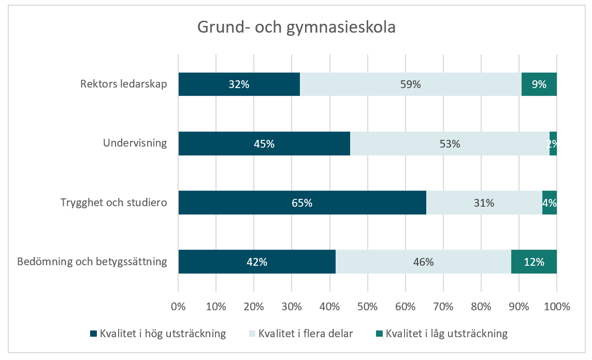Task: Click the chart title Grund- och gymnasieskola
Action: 296,27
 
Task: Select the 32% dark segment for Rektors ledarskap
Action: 239,84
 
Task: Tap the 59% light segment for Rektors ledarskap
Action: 410,84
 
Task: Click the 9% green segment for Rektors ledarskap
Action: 539,84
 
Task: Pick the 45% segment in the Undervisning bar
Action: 264,143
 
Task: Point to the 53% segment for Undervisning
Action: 449,143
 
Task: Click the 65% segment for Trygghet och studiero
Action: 302,203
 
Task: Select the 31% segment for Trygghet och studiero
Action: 484,203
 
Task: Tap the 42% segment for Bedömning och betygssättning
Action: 256,262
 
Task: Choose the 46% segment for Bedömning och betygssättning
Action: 423,262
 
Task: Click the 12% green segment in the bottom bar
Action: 533,262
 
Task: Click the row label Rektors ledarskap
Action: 124,84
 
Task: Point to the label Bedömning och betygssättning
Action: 92,261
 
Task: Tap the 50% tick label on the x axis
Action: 367,306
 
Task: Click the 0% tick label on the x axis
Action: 178,306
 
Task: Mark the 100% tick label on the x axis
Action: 557,306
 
